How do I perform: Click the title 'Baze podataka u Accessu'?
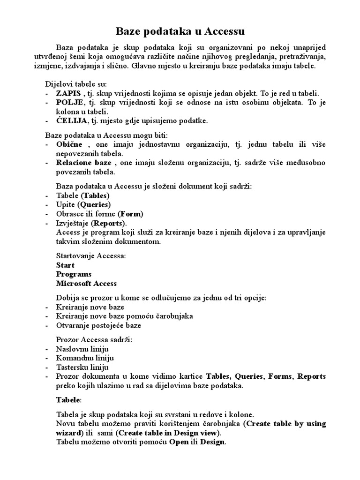point(180,32)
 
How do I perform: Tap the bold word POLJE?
point(69,103)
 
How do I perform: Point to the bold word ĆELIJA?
point(71,121)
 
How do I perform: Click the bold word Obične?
point(69,144)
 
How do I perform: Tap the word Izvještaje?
point(72,223)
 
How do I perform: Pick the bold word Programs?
point(74,274)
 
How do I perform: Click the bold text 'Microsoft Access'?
point(86,284)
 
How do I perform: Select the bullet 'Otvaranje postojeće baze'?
point(98,325)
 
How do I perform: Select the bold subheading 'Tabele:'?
point(68,400)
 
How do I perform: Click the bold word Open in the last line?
point(178,442)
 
